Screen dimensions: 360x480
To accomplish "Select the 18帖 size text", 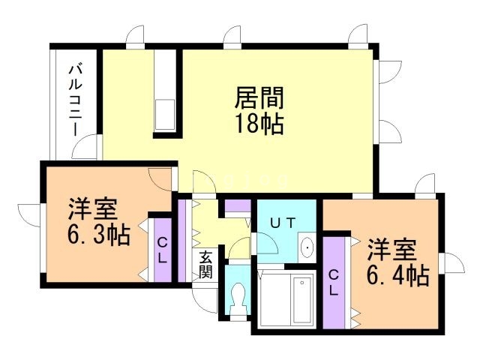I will [259, 124].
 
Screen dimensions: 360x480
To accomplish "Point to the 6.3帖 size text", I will [98, 235].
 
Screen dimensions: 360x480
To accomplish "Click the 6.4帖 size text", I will [397, 276].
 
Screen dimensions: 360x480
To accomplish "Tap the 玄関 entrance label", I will [206, 263].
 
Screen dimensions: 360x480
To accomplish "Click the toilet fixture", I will [238, 296].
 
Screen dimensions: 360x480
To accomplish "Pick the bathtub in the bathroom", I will [301, 299].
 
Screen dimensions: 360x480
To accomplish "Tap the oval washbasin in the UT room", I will [307, 247].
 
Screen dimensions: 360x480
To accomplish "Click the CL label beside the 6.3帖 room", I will [161, 250].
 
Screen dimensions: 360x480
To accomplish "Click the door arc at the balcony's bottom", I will [86, 148].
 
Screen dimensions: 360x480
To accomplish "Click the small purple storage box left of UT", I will [238, 205].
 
